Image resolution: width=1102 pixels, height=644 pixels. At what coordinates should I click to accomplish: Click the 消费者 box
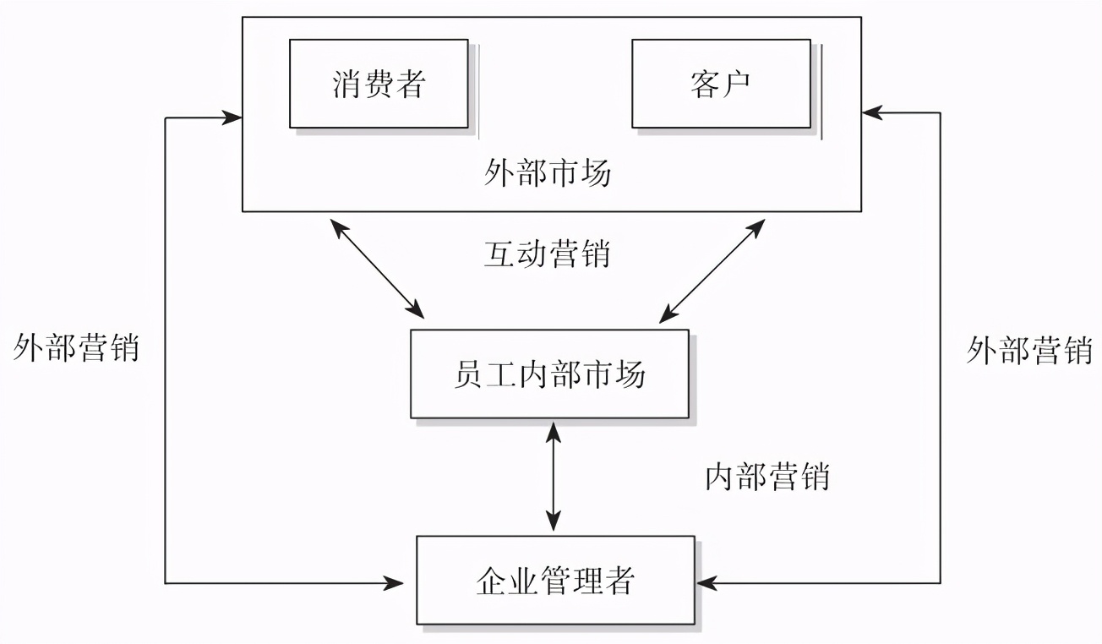click(x=379, y=83)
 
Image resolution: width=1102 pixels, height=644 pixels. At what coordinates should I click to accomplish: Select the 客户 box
click(x=721, y=83)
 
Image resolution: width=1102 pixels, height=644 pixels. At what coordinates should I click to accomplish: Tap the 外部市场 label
click(x=548, y=173)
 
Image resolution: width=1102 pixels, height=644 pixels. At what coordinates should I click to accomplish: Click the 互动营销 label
click(x=547, y=253)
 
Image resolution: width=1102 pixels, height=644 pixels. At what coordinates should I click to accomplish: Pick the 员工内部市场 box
click(x=549, y=374)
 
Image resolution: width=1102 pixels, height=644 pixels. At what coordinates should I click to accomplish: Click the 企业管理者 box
click(x=555, y=581)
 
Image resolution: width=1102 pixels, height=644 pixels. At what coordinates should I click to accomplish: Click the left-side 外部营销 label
click(x=76, y=347)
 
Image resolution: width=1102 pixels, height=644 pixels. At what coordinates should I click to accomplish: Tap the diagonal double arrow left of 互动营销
click(x=377, y=268)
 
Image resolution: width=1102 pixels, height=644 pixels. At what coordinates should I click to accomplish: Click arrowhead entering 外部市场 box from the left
click(x=232, y=117)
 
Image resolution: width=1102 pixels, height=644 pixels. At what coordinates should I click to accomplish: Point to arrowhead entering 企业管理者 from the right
click(x=706, y=582)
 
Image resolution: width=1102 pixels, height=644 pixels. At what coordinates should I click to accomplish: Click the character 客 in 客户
click(x=705, y=84)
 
